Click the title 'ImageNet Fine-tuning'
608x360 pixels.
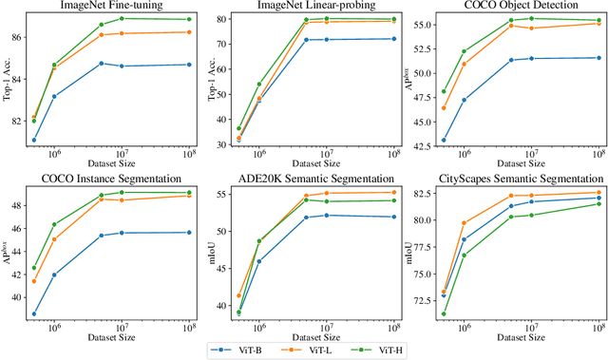click(x=109, y=6)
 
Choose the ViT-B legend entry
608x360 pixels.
click(x=241, y=350)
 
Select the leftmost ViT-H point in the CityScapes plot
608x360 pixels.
click(x=444, y=314)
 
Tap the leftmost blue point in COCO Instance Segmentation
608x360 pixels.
click(x=34, y=314)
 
